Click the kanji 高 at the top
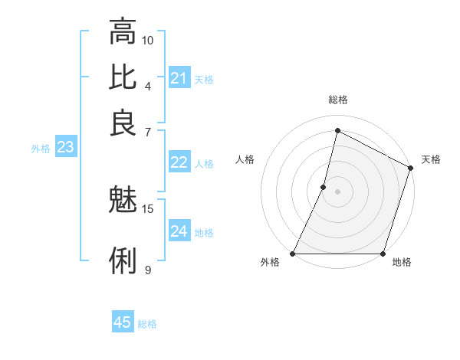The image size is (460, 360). click(123, 33)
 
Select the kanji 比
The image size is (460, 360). click(123, 77)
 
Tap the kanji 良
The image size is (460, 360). click(123, 122)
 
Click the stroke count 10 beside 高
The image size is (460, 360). click(148, 40)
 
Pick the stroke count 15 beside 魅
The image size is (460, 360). click(148, 208)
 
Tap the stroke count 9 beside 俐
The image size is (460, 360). click(147, 269)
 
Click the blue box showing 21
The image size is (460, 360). click(179, 78)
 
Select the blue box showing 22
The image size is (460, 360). click(179, 162)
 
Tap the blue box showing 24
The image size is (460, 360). click(179, 231)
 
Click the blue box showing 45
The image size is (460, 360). click(123, 322)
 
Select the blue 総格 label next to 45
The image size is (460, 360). click(147, 324)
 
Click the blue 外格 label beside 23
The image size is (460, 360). click(41, 149)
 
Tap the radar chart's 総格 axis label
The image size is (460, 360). click(337, 100)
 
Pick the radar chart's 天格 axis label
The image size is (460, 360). click(431, 159)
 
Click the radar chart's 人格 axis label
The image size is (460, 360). click(245, 159)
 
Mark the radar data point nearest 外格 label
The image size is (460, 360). click(293, 254)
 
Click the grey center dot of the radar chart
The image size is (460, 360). click(337, 191)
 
